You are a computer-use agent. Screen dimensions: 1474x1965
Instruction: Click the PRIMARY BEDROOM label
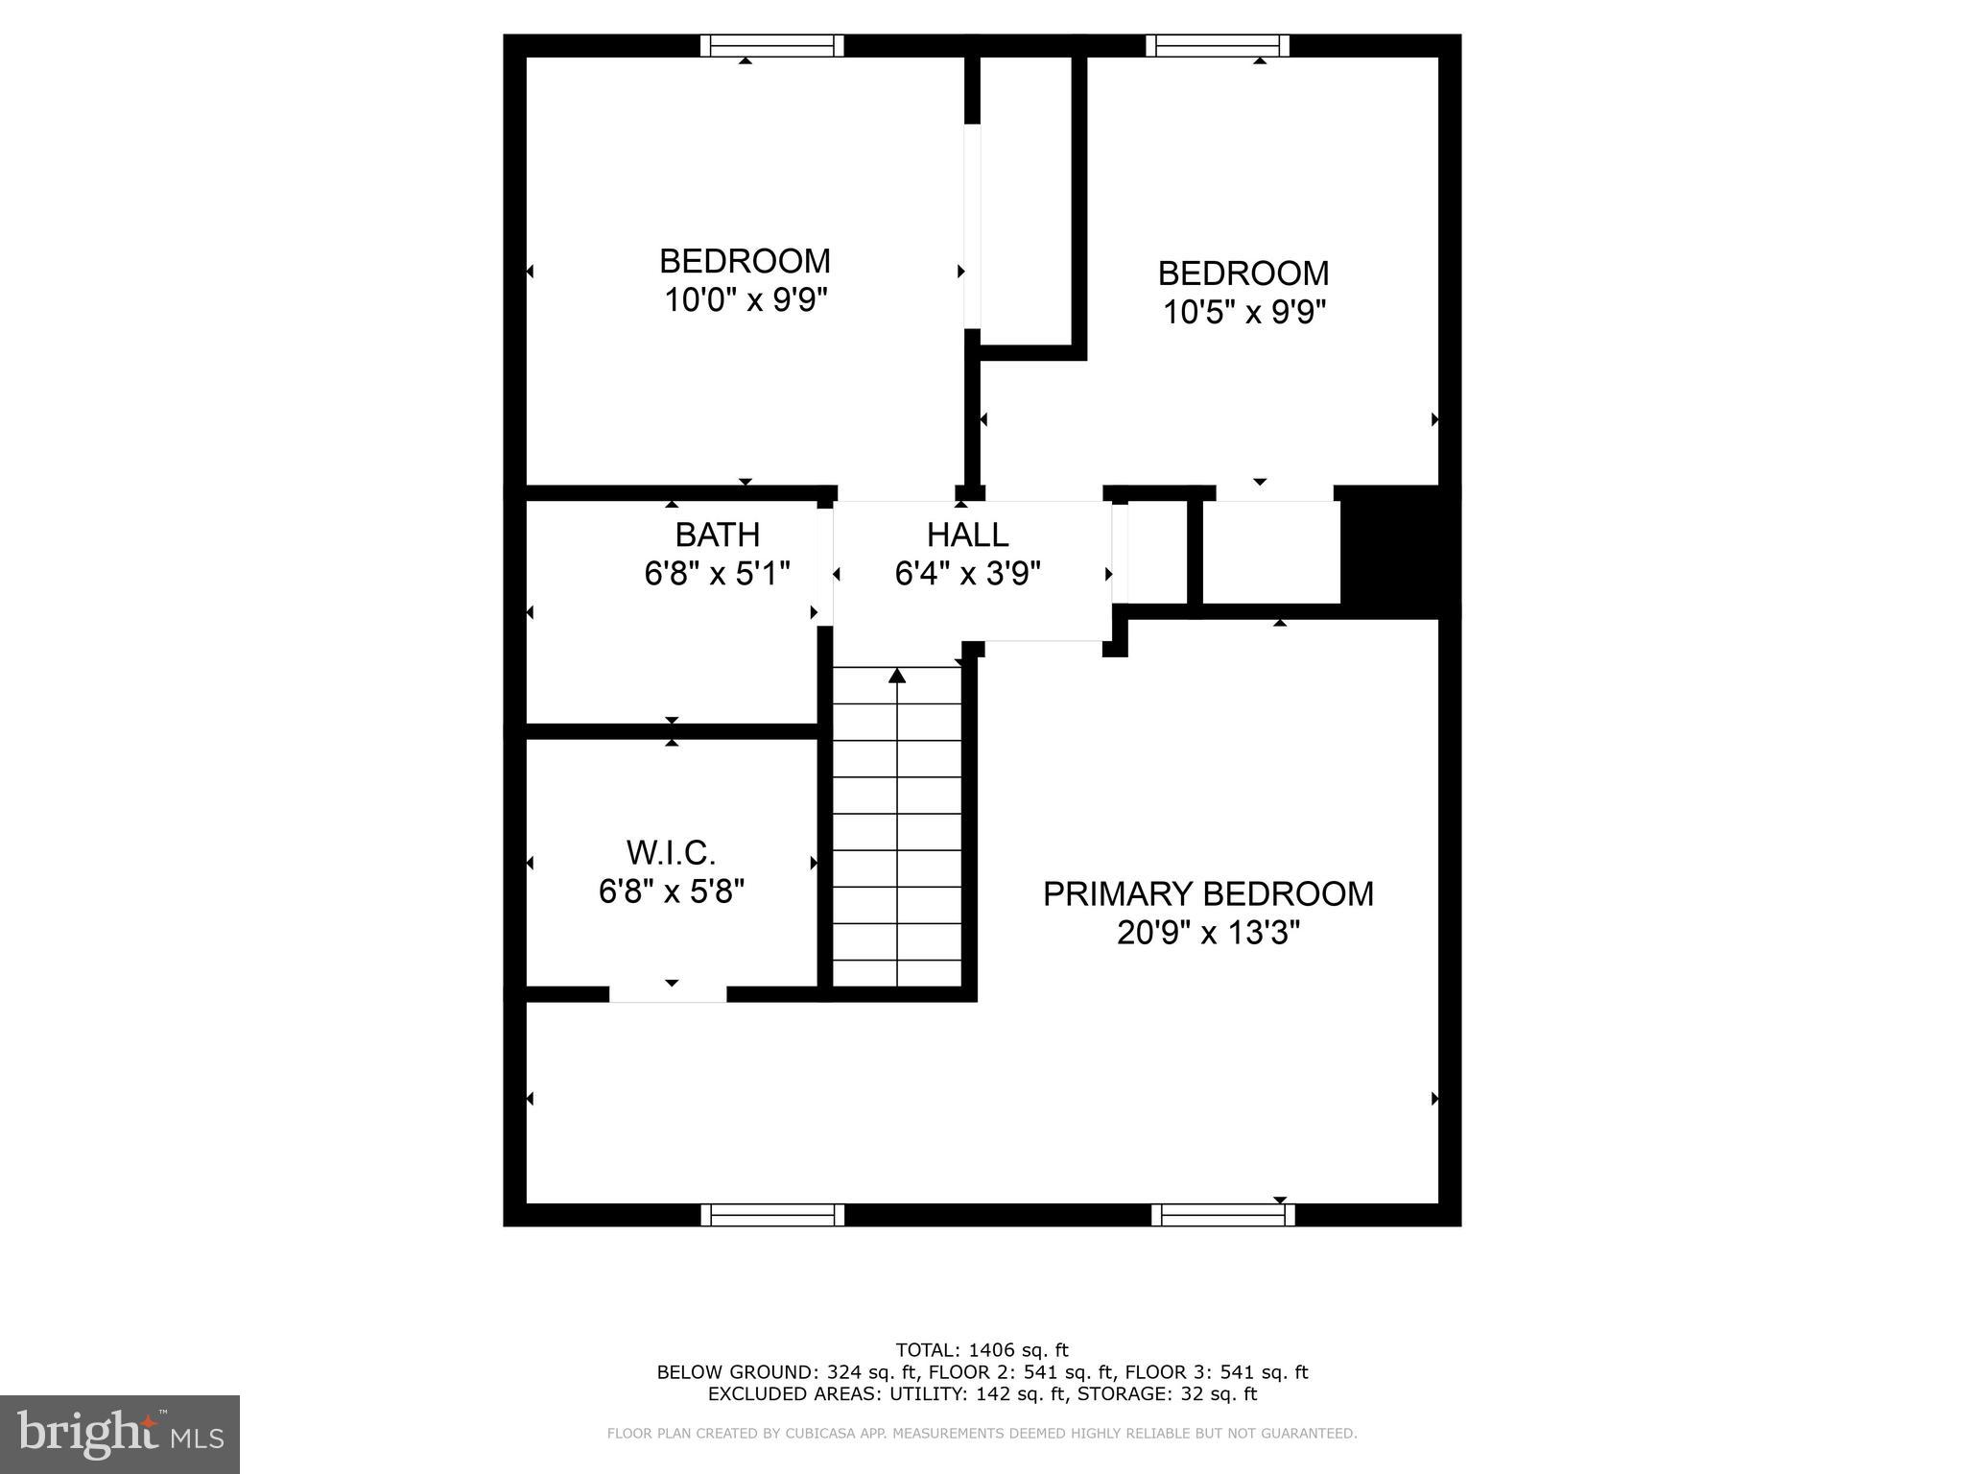[x=1208, y=893]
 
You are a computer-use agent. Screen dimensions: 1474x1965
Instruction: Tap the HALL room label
[x=967, y=535]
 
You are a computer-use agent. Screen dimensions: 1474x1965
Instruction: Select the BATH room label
[x=717, y=535]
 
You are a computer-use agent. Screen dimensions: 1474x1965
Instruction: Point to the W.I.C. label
[x=671, y=852]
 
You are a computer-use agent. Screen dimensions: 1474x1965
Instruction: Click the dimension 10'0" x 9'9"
[x=746, y=300]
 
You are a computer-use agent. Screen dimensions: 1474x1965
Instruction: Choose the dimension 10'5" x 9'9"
[x=1244, y=312]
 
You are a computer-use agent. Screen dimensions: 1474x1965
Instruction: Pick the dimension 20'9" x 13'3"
[x=1208, y=932]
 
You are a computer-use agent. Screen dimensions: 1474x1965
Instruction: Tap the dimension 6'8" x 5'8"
[x=671, y=892]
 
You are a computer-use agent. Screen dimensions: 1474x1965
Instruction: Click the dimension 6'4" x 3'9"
[x=967, y=574]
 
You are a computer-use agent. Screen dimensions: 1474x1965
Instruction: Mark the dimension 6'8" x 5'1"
[x=717, y=574]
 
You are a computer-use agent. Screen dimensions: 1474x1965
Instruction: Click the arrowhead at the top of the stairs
[x=897, y=676]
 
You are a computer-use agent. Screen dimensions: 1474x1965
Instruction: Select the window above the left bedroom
[x=771, y=45]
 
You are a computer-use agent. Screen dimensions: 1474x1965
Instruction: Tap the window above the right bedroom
[x=1217, y=45]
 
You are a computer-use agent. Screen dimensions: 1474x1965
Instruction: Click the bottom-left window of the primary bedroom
[x=772, y=1215]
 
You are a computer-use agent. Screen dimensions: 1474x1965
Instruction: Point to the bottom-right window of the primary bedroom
[x=1222, y=1215]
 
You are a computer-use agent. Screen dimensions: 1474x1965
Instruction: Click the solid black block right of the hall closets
[x=1399, y=551]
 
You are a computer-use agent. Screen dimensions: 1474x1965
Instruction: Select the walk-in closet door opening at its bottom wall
[x=668, y=994]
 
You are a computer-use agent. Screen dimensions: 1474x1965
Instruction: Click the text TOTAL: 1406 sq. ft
[x=982, y=1350]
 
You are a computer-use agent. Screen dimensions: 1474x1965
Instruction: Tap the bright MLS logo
[x=120, y=1434]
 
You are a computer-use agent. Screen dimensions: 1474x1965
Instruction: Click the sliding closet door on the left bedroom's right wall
[x=973, y=226]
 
